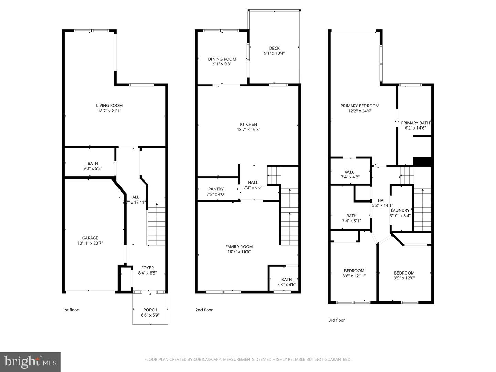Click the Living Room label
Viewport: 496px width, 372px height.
click(x=109, y=106)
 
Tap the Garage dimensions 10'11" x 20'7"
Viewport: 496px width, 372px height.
click(x=90, y=243)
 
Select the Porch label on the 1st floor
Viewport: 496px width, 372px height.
click(x=150, y=310)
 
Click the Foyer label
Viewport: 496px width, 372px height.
click(x=147, y=268)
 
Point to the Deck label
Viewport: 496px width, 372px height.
click(x=274, y=48)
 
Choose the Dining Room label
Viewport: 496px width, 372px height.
click(x=222, y=59)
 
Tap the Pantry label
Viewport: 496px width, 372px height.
click(x=216, y=189)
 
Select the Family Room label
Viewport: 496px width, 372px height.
click(x=239, y=247)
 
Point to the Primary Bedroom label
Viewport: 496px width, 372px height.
click(x=360, y=106)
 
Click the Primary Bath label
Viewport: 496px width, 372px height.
click(x=415, y=123)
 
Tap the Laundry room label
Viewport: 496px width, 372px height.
click(x=400, y=211)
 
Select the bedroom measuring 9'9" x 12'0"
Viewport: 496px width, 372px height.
click(x=404, y=275)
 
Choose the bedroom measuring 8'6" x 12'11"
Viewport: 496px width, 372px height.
click(x=354, y=273)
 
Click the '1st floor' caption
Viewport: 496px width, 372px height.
click(x=70, y=310)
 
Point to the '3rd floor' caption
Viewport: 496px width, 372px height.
click(x=336, y=320)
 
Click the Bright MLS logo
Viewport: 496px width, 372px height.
click(x=30, y=362)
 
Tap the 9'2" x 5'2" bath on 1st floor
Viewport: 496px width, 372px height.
click(x=93, y=166)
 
